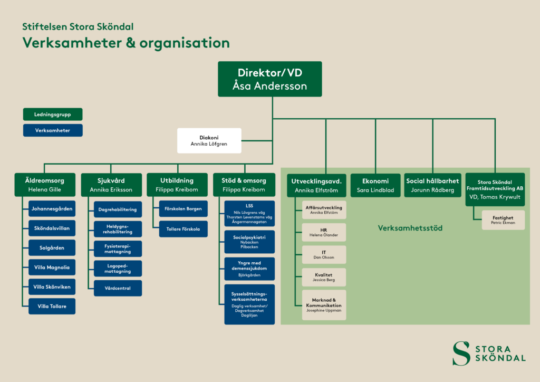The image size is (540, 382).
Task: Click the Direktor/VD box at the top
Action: (x=269, y=79)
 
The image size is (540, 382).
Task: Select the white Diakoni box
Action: (x=209, y=140)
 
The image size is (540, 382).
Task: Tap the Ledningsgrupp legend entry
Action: (x=53, y=114)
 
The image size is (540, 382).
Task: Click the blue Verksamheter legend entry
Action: (x=53, y=130)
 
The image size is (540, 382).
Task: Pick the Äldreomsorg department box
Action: (x=45, y=185)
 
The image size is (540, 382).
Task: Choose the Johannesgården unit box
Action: (x=52, y=209)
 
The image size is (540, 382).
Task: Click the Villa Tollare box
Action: (x=52, y=306)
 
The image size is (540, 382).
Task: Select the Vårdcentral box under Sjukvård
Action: (x=118, y=288)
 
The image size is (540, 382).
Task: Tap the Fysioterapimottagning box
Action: (x=118, y=249)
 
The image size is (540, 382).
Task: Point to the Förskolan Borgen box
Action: (x=183, y=209)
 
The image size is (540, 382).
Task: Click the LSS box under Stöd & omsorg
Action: (x=249, y=214)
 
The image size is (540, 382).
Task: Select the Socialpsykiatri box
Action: (x=249, y=242)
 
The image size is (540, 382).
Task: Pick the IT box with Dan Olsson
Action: (x=324, y=254)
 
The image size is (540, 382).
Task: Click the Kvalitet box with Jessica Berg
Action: (x=324, y=278)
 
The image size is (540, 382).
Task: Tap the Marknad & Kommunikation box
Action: (x=324, y=305)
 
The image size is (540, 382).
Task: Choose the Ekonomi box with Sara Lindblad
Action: (x=375, y=185)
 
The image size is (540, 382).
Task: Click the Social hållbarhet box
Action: (x=432, y=185)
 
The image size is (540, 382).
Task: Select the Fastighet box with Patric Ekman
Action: (x=503, y=220)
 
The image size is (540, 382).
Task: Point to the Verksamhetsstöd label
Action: (x=410, y=228)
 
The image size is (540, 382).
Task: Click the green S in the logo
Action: (x=461, y=354)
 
